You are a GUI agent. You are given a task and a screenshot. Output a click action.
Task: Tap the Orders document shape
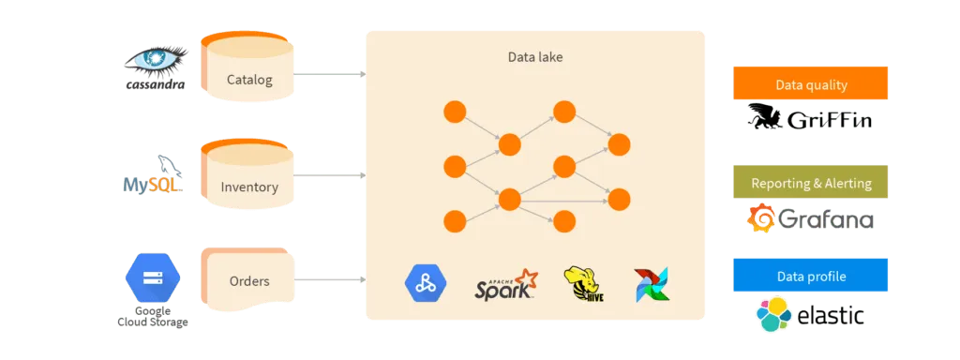pos(248,280)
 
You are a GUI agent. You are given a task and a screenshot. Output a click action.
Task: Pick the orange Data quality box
pos(811,84)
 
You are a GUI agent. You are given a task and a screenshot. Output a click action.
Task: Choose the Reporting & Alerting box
pos(811,184)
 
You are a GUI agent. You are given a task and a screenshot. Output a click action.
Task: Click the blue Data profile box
pos(811,277)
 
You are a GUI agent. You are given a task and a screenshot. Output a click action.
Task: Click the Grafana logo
pos(811,219)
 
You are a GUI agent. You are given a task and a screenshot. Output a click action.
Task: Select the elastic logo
pos(811,316)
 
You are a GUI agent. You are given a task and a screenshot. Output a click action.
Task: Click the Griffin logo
pos(811,120)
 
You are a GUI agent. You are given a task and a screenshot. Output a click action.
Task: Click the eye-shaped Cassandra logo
pos(154,65)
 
